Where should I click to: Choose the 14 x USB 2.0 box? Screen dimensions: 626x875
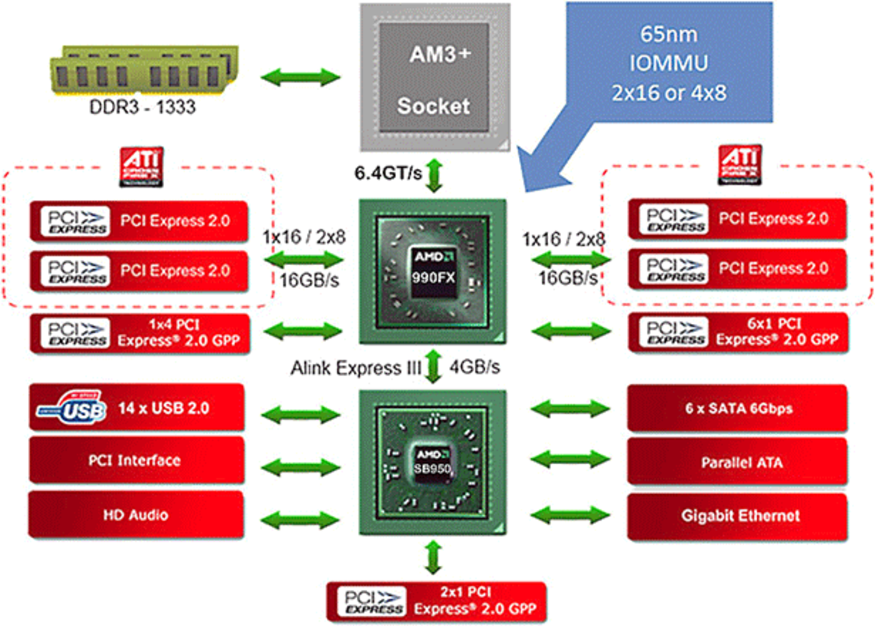(x=137, y=408)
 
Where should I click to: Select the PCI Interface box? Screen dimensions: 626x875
(x=137, y=460)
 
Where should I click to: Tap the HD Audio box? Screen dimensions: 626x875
(x=137, y=514)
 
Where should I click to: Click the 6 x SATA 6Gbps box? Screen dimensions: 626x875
(x=737, y=408)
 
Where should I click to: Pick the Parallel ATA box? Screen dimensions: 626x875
(x=737, y=462)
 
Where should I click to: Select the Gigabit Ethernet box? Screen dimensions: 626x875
(x=737, y=515)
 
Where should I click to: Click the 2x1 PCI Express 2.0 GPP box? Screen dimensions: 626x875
(x=437, y=599)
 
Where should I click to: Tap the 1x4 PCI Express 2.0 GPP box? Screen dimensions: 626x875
(x=137, y=331)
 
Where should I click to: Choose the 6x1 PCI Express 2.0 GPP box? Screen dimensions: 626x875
(x=737, y=331)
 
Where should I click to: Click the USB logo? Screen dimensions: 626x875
(x=72, y=409)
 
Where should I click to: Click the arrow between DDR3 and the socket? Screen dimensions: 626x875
(x=301, y=76)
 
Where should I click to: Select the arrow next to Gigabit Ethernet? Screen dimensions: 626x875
(x=571, y=514)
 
